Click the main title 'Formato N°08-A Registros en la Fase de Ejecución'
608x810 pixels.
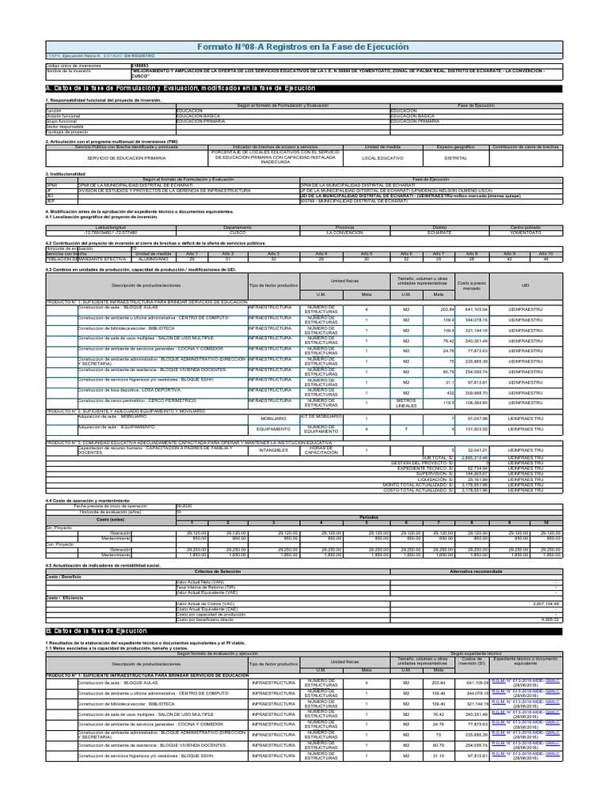tap(303, 47)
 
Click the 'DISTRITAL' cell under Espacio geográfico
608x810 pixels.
tap(455, 158)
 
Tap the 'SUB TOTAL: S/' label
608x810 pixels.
tap(435, 457)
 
